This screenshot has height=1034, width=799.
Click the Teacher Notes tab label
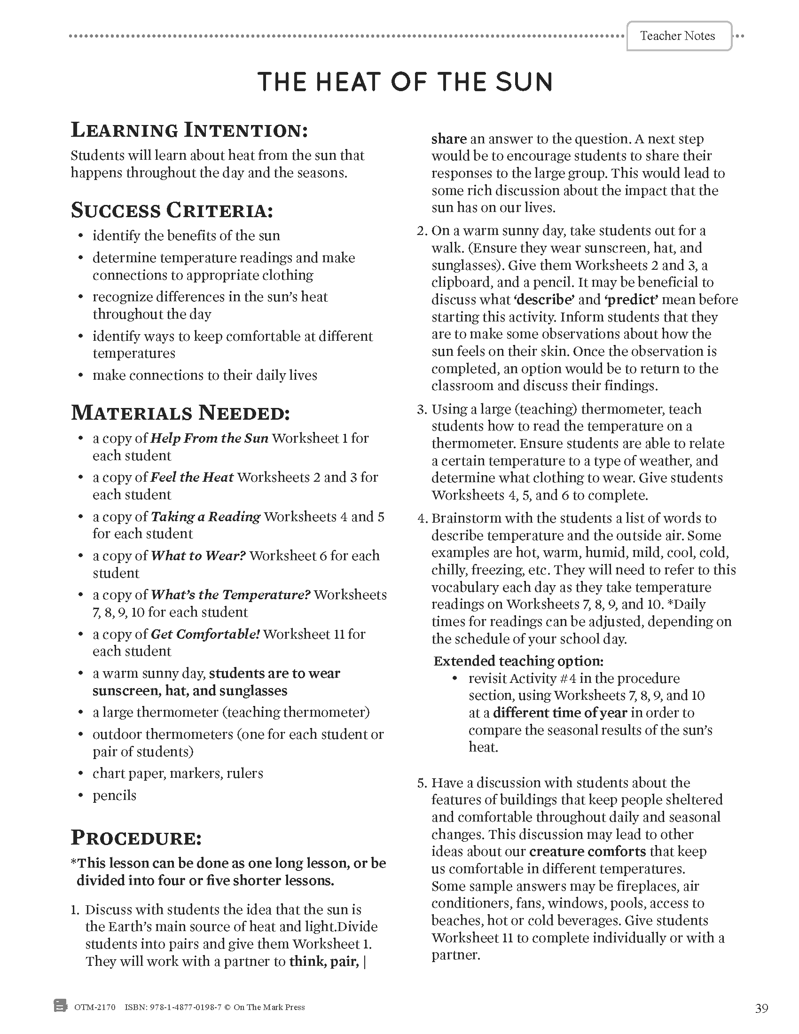pyautogui.click(x=677, y=36)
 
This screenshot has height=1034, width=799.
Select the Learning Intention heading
pyautogui.click(x=189, y=130)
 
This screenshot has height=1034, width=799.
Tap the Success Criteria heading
pyautogui.click(x=172, y=211)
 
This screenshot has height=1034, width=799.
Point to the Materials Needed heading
pyautogui.click(x=180, y=413)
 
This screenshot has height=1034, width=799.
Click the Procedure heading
pyautogui.click(x=136, y=838)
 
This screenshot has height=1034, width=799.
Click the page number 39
pyautogui.click(x=761, y=1009)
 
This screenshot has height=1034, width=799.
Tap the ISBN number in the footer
pyautogui.click(x=173, y=1008)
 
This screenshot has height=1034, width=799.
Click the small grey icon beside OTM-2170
pyautogui.click(x=61, y=1006)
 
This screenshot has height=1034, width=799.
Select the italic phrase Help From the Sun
pyautogui.click(x=209, y=439)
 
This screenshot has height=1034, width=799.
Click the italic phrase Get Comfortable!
pyautogui.click(x=205, y=634)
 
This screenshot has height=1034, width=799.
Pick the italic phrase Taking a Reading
pyautogui.click(x=205, y=517)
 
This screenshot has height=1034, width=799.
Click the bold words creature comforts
pyautogui.click(x=587, y=851)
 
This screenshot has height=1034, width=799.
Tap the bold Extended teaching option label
pyautogui.click(x=518, y=661)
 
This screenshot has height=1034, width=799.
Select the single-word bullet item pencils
pyautogui.click(x=114, y=795)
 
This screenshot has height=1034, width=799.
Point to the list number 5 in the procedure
pyautogui.click(x=422, y=783)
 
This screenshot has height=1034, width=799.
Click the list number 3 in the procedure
pyautogui.click(x=422, y=409)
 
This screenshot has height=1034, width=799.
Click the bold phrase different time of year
pyautogui.click(x=560, y=713)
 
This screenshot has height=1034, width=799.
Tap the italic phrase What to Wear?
pyautogui.click(x=198, y=556)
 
